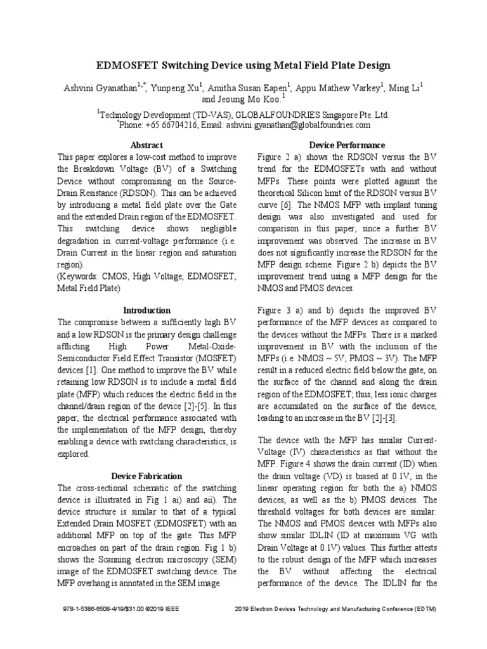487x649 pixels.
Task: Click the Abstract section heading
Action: coord(146,145)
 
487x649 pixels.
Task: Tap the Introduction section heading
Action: coord(146,310)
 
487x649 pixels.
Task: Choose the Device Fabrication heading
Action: coord(146,475)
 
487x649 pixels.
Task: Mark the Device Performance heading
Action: coord(346,145)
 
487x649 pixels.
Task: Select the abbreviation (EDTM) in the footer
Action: coord(422,609)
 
